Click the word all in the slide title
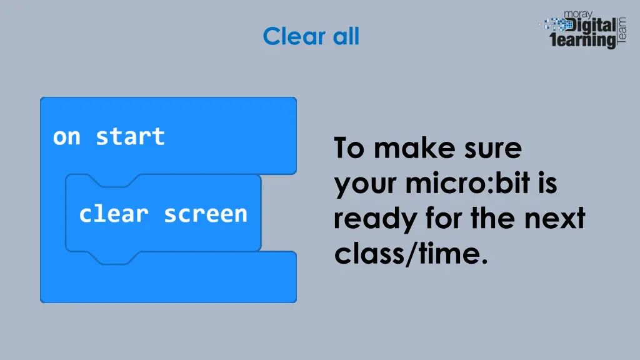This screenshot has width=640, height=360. coord(346,36)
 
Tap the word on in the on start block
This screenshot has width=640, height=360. coord(66,136)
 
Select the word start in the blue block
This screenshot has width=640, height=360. coord(130,136)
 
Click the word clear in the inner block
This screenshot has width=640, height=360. coord(113,214)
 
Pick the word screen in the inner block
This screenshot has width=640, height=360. coord(206,214)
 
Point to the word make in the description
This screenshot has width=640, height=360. coord(409,149)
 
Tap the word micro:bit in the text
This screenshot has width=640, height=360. coord(466,184)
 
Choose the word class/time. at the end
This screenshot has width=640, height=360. coord(410,254)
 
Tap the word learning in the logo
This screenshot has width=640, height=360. coord(582,41)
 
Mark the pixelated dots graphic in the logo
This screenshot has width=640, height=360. coord(554,25)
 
